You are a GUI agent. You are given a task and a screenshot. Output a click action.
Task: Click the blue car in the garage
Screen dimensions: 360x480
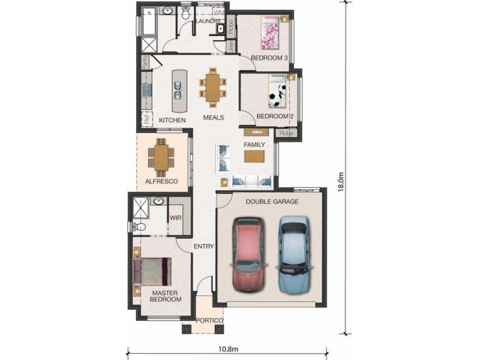click(294, 252)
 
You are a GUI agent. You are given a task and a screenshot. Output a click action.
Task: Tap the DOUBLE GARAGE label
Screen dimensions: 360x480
click(272, 202)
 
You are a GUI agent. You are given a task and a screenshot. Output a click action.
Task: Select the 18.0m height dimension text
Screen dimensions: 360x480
click(341, 181)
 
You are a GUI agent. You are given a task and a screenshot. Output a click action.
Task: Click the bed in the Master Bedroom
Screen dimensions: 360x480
click(152, 272)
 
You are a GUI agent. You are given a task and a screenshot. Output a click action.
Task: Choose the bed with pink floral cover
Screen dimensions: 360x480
click(269, 33)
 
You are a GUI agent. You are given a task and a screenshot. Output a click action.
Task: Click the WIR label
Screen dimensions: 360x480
click(176, 218)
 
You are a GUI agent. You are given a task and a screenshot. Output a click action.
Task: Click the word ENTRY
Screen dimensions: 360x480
click(204, 246)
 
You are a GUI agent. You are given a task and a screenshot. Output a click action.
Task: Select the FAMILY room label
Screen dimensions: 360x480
click(254, 145)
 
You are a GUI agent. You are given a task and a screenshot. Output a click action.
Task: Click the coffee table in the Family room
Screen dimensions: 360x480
click(254, 156)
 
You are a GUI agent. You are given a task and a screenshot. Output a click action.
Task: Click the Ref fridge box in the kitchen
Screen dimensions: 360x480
click(145, 119)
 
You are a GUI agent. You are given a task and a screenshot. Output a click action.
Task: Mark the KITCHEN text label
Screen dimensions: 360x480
click(172, 120)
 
